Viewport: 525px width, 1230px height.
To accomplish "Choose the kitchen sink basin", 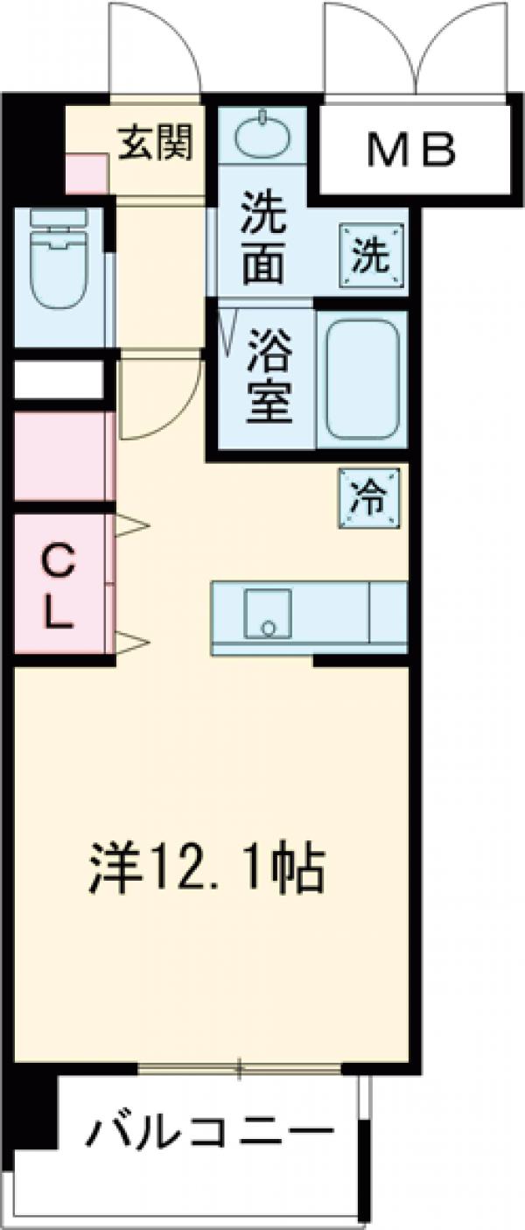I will pyautogui.click(x=267, y=614).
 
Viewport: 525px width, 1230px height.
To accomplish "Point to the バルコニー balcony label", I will pyautogui.click(x=209, y=1135).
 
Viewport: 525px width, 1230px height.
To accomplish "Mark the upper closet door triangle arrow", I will pyautogui.click(x=132, y=526).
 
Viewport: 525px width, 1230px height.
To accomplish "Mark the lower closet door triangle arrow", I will pyautogui.click(x=132, y=643).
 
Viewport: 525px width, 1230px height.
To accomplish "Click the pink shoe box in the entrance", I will pyautogui.click(x=87, y=173).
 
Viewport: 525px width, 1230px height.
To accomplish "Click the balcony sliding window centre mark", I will pyautogui.click(x=240, y=1067).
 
